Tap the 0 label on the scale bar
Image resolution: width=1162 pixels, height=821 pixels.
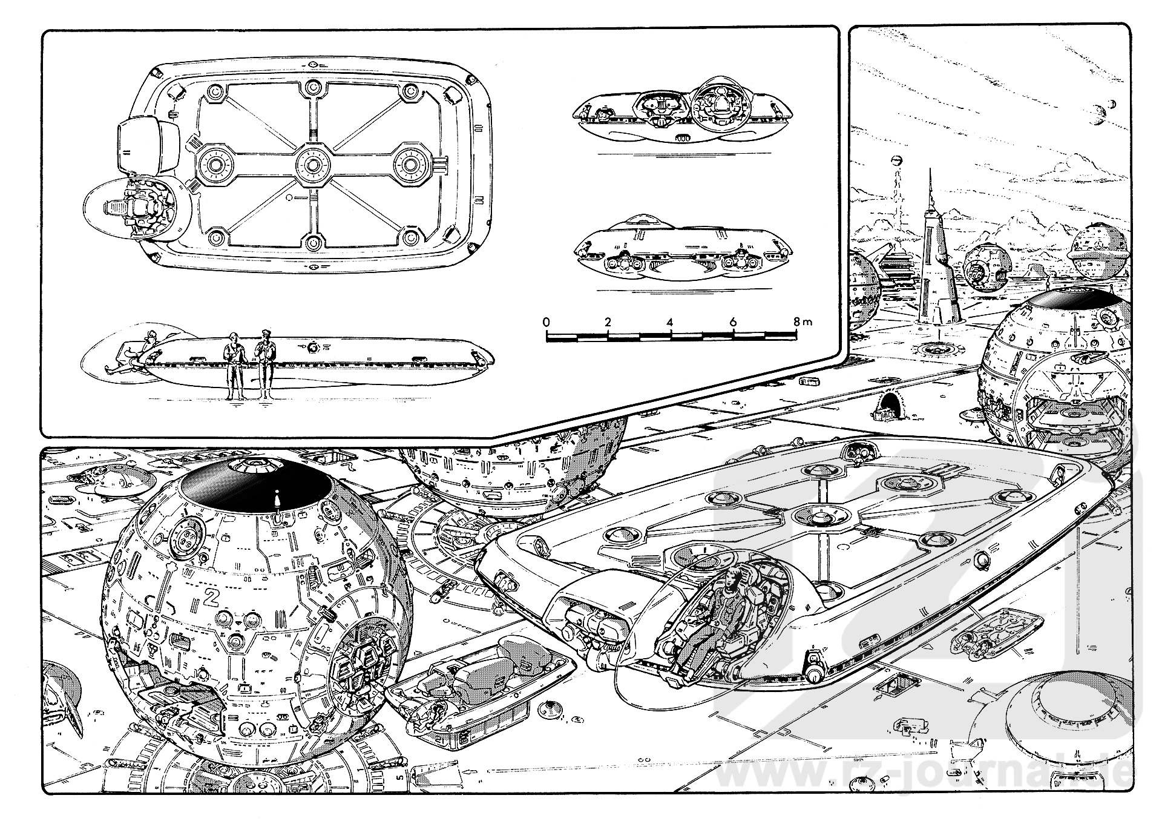point(546,321)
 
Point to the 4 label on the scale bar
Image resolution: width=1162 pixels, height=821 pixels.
point(669,321)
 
